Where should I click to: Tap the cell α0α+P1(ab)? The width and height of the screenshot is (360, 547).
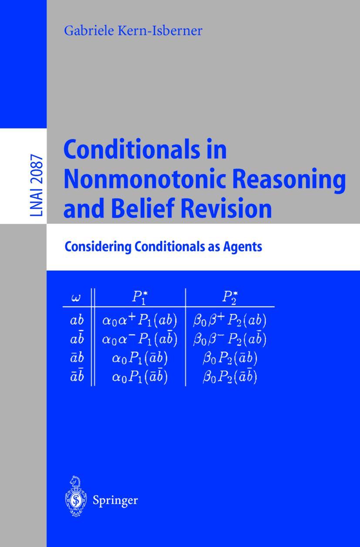[x=139, y=321]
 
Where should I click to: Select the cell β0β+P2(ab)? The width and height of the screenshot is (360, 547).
[x=229, y=321]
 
